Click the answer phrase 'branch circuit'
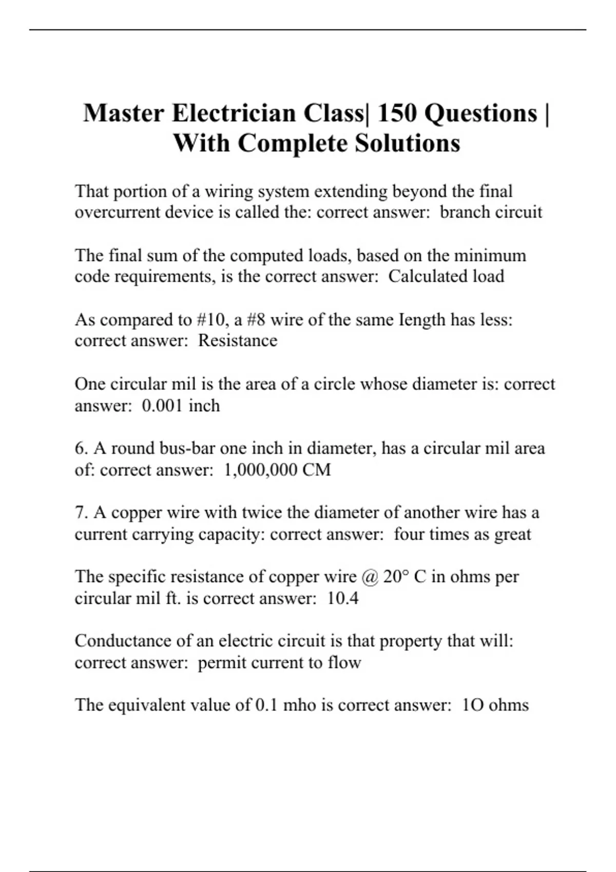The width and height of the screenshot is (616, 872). [x=491, y=212]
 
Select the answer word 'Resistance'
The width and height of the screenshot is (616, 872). [x=238, y=341]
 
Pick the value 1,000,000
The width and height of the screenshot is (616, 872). [x=260, y=470]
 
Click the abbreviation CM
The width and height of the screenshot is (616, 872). [x=317, y=470]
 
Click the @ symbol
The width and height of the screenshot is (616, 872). [x=370, y=577]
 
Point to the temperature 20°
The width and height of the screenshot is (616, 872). [x=395, y=577]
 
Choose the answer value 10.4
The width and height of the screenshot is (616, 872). [x=342, y=598]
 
